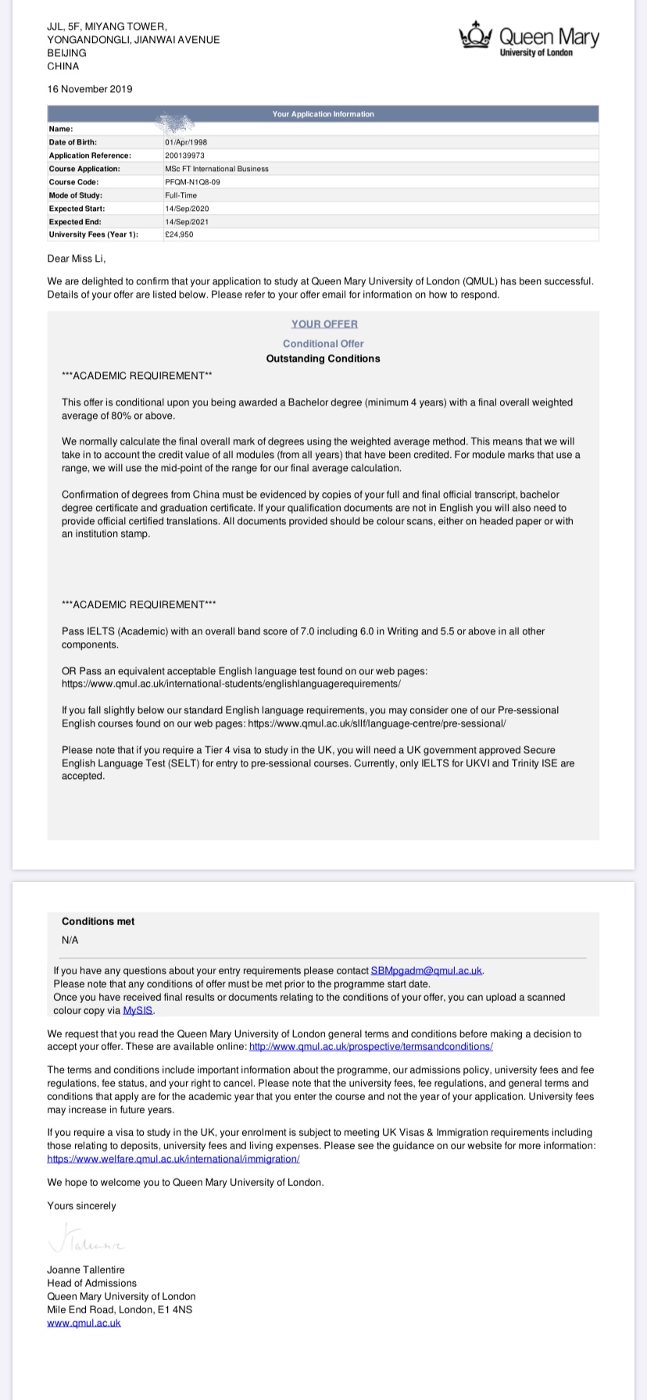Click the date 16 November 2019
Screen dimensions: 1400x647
[x=90, y=89]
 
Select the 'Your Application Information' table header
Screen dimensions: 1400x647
[x=323, y=114]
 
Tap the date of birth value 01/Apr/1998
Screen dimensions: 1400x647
[x=185, y=142]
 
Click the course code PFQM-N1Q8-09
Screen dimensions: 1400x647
[x=187, y=182]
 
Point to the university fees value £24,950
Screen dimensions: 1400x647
[x=179, y=234]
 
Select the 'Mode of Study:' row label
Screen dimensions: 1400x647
[x=76, y=195]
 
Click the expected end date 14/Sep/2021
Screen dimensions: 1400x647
[x=187, y=222]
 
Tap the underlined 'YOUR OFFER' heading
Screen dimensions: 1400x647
[x=324, y=324]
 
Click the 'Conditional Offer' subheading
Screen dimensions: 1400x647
[x=323, y=344]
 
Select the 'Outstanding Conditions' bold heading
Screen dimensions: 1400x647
[x=323, y=359]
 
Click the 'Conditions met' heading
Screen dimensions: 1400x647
[x=98, y=922]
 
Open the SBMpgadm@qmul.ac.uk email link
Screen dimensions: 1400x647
[x=427, y=970]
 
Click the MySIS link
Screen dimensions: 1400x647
[x=138, y=1010]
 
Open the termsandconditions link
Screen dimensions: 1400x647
[x=370, y=1046]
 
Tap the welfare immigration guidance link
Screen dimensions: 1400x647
[x=173, y=1159]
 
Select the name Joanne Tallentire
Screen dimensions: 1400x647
[x=86, y=1270]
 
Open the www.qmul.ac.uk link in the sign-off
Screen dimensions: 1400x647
[x=84, y=1323]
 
